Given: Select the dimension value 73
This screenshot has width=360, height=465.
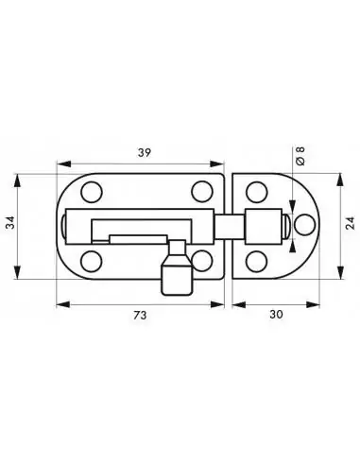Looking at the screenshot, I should (141, 318).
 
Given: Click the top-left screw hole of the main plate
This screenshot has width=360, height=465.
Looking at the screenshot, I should (91, 193).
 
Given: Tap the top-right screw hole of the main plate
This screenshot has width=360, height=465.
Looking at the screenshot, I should (199, 192).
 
